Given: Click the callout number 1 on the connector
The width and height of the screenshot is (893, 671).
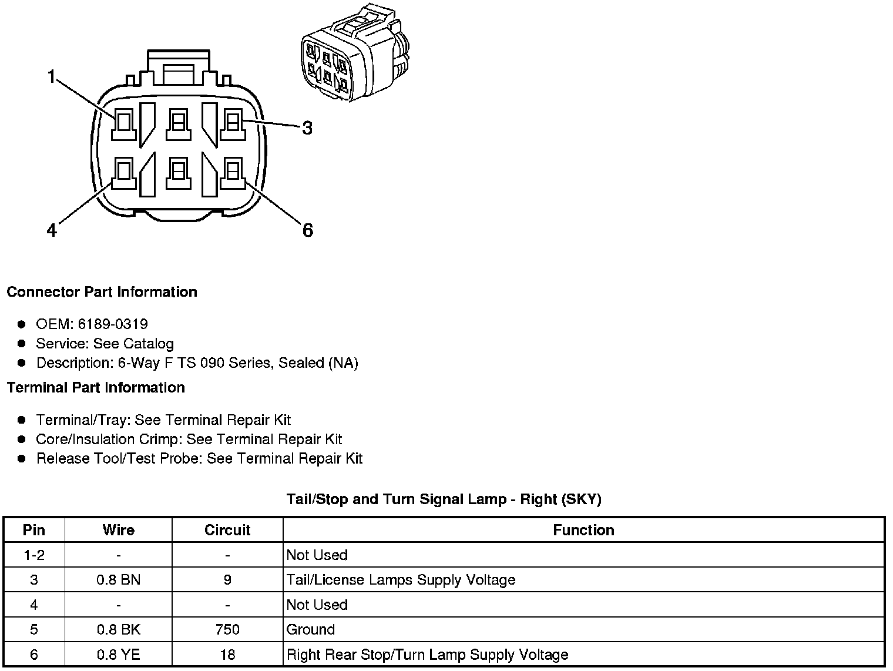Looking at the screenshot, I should (52, 76).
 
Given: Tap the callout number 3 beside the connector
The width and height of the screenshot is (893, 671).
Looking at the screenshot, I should (307, 128).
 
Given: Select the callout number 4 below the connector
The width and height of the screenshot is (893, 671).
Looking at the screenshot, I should (52, 231).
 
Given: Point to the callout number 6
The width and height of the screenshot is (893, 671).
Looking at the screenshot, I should (308, 230).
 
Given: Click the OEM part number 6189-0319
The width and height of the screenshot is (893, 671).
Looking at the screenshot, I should (113, 324).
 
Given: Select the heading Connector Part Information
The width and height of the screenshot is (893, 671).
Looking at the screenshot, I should (102, 292).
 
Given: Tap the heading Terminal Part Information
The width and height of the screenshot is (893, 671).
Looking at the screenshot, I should (96, 388).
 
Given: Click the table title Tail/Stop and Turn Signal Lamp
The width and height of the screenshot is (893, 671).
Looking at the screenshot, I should (444, 499).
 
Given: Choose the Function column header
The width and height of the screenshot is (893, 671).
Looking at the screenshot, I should (583, 530).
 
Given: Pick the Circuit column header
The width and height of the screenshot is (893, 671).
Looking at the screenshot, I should (227, 530).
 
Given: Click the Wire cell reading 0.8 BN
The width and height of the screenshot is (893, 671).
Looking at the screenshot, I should (118, 580).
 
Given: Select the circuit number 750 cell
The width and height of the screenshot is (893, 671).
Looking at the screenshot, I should (227, 630).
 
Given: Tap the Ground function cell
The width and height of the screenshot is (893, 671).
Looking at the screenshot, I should (311, 630).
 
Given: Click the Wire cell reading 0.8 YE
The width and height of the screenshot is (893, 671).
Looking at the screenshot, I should (118, 655).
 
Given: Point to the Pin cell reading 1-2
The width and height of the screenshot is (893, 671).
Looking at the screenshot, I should (34, 555).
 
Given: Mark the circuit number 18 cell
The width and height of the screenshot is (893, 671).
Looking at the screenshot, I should (227, 655).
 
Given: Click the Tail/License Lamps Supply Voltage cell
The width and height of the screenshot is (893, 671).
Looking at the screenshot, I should (401, 580).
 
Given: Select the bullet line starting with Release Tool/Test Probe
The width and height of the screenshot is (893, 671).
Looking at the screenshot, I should (199, 459).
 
